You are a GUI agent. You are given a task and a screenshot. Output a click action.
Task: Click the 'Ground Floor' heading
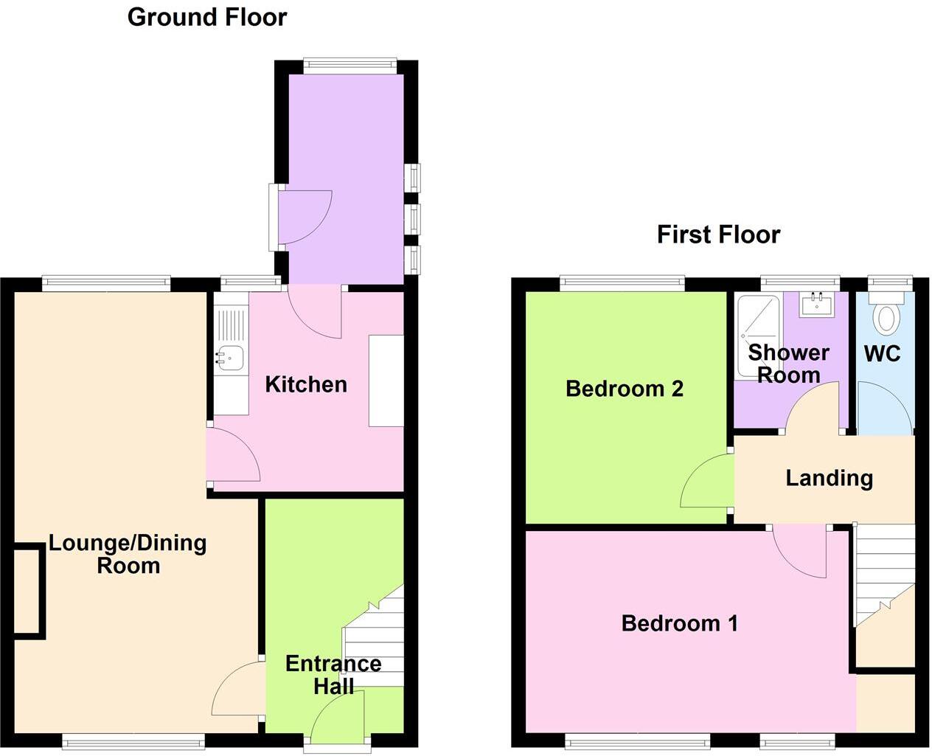tap(207, 17)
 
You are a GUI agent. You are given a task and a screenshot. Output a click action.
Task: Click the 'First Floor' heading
tap(718, 235)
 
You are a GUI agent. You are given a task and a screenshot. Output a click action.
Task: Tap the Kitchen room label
tap(305, 384)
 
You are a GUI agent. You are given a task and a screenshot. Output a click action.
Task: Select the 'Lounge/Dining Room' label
tap(128, 555)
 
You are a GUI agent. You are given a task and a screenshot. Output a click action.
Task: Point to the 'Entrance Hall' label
tap(333, 675)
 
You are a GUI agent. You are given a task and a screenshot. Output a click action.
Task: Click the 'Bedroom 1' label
tap(679, 623)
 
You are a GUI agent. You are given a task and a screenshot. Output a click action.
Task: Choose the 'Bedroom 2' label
tap(625, 389)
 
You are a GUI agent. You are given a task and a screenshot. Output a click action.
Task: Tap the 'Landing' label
tap(829, 478)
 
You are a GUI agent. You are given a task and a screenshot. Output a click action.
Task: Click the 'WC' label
tap(882, 353)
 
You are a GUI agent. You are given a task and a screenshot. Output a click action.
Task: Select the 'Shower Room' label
tap(788, 364)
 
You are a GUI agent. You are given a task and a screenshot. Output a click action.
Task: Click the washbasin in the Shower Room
tap(817, 304)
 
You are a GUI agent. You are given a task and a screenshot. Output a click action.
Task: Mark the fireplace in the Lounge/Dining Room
tap(29, 590)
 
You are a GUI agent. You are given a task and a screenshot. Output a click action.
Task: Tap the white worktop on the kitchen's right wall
tap(386, 381)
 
